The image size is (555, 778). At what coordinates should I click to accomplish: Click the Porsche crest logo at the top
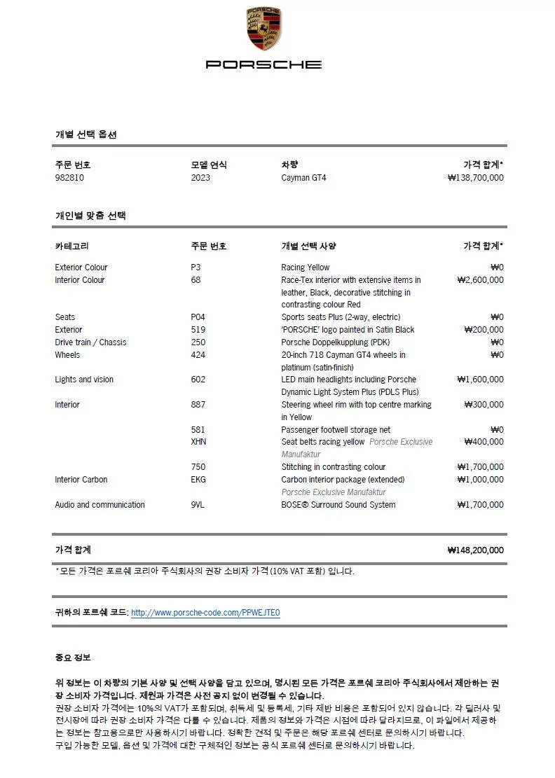[263, 29]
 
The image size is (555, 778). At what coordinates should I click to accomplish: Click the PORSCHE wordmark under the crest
[263, 64]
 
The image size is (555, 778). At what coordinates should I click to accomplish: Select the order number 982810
[69, 178]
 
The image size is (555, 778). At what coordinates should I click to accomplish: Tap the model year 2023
[200, 178]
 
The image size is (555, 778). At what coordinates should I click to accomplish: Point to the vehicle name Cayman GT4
[303, 178]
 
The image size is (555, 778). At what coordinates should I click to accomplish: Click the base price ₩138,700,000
[475, 178]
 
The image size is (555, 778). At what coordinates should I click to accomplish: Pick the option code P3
[196, 268]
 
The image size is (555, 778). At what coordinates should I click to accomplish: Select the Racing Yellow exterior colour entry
[305, 268]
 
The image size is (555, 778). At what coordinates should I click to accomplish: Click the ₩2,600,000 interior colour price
[480, 280]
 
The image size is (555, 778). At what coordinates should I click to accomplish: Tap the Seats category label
[65, 317]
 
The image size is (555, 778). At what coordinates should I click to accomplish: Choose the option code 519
[198, 330]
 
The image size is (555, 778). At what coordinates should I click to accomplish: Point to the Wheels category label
[67, 355]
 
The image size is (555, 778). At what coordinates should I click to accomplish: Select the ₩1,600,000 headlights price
[480, 380]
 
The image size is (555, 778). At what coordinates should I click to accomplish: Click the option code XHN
[198, 442]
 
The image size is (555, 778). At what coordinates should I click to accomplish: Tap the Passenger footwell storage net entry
[336, 430]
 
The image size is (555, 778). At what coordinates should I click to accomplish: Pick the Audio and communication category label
[100, 505]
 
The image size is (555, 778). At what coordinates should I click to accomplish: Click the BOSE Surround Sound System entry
[338, 505]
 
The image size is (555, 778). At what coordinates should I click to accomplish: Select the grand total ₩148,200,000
[475, 550]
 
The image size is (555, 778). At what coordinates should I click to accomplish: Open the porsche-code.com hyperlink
[205, 613]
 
